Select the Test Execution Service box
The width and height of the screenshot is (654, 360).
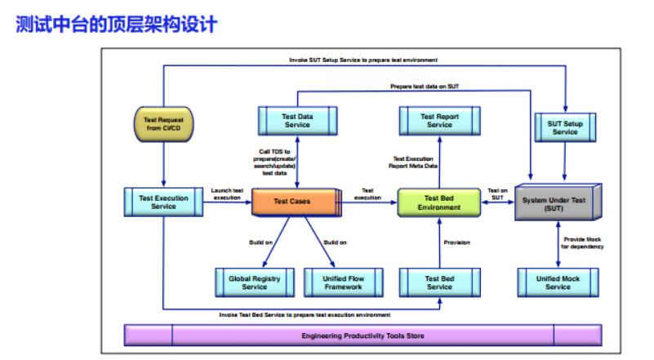163,201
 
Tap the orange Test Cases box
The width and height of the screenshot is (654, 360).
293,202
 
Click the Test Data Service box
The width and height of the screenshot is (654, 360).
296,121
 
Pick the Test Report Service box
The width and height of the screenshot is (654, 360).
438,121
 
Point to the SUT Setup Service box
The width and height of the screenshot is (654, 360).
564,127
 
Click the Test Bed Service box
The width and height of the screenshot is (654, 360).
438,282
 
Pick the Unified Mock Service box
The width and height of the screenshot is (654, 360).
558,282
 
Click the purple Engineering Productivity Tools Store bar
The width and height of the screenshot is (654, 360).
363,336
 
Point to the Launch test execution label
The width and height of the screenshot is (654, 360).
226,193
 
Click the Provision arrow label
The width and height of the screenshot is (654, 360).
456,242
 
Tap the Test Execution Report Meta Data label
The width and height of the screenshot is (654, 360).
415,162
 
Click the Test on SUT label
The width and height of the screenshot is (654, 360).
497,193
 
